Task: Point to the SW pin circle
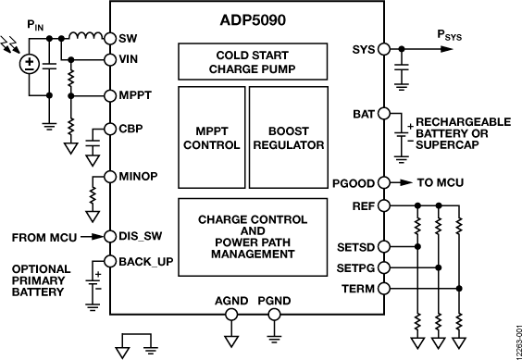point(109,39)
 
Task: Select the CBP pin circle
point(109,130)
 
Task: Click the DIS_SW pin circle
point(109,236)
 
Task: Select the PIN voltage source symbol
point(30,64)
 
